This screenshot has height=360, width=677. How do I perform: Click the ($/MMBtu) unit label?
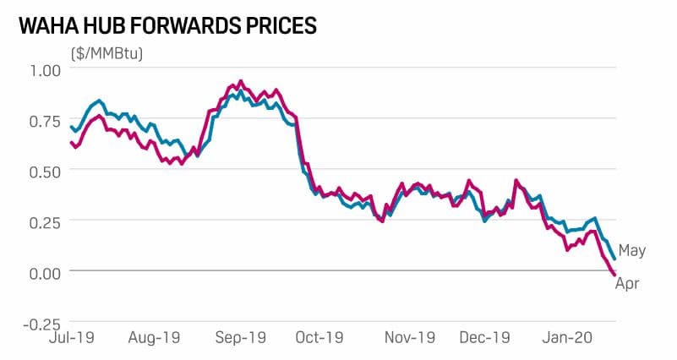[x=107, y=54]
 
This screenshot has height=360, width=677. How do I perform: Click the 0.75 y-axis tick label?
[x=37, y=120]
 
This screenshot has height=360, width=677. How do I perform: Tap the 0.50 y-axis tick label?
[x=37, y=170]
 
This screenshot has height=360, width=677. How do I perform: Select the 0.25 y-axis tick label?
[x=37, y=221]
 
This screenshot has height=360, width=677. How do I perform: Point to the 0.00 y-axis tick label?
[x=37, y=271]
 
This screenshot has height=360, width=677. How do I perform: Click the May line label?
[x=632, y=251]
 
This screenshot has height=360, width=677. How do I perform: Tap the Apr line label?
[x=626, y=284]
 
